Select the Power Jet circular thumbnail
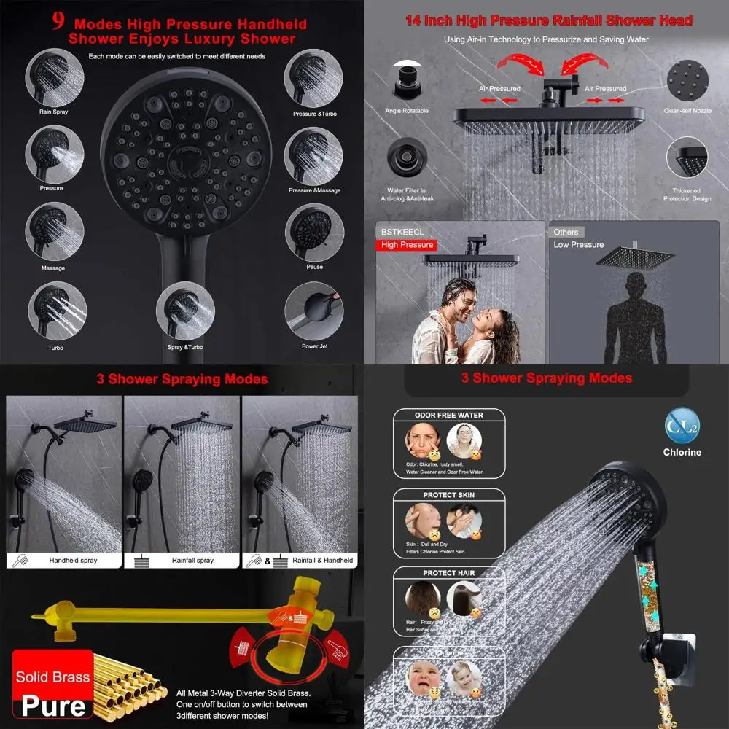[314, 311]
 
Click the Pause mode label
[314, 267]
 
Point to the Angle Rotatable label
[407, 111]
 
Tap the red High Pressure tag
[407, 245]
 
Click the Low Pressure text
[578, 245]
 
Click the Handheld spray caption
[73, 561]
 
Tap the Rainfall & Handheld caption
[322, 561]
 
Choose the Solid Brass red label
[52, 677]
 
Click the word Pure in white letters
[52, 706]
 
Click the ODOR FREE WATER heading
[449, 416]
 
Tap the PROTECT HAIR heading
[449, 573]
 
